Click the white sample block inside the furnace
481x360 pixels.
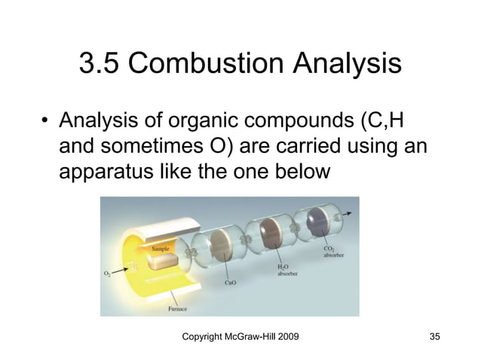pyautogui.click(x=163, y=261)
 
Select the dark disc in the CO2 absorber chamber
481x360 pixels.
pyautogui.click(x=320, y=224)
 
